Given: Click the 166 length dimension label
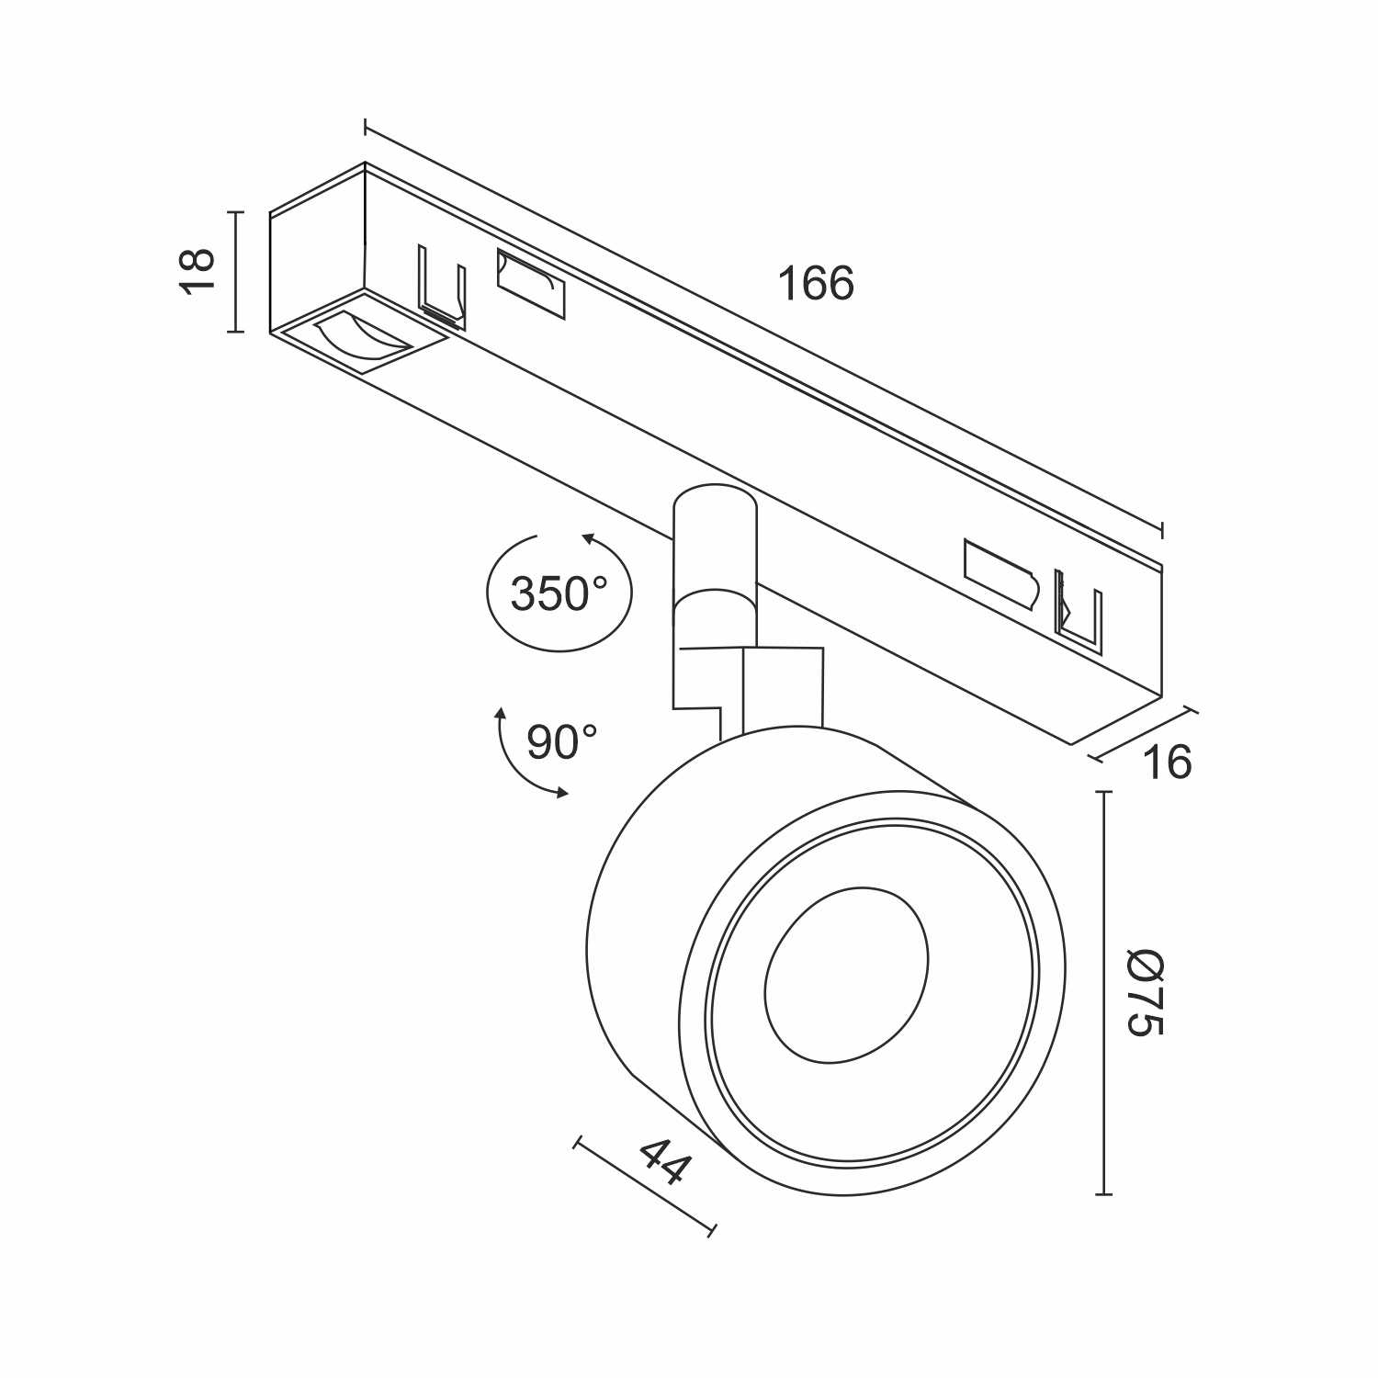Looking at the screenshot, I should tap(816, 283).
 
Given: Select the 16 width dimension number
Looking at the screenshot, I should tap(1167, 762).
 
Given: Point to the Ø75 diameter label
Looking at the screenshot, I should tap(1146, 992).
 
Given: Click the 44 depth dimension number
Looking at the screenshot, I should tap(663, 1161).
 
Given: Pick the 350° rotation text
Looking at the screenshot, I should tap(559, 594).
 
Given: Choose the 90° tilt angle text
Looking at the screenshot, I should tap(561, 741).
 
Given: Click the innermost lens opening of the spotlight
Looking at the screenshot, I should tap(845, 974).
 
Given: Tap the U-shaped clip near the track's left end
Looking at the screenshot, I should tap(442, 285).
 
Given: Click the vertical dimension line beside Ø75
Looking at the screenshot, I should tap(1103, 992).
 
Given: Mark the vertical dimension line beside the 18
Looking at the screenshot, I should tap(236, 271).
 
